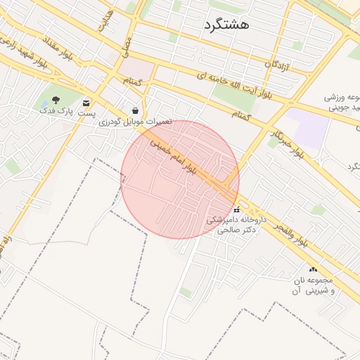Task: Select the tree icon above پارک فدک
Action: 56,99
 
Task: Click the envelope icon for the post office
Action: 86,103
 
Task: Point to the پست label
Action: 86,112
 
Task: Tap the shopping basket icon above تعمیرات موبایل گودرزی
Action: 134,110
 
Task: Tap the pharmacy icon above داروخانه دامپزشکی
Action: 236,209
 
